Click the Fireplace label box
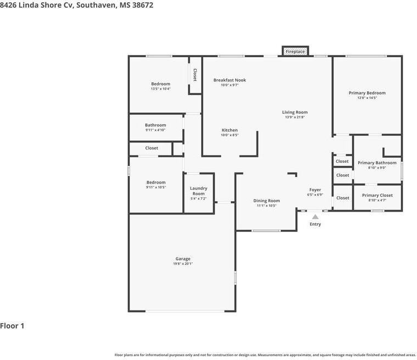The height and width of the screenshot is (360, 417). [x=295, y=51]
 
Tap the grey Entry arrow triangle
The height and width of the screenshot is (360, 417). [x=315, y=217]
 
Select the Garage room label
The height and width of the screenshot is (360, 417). [x=183, y=259]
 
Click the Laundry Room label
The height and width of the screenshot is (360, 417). [x=199, y=191]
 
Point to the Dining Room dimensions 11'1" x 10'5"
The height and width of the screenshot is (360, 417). [x=266, y=206]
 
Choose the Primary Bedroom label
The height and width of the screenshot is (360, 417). [x=367, y=93]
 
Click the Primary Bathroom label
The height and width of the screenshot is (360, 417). [x=377, y=163]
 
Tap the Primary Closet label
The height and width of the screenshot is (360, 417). [x=377, y=195]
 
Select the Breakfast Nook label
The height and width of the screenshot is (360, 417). [x=230, y=80]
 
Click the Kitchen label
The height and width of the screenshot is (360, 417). [x=230, y=130]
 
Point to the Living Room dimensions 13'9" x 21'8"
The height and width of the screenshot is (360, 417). [x=294, y=117]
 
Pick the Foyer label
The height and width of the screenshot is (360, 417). [x=315, y=190]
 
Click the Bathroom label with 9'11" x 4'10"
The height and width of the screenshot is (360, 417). [x=155, y=125]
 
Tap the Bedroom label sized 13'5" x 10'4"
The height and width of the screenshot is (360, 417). [x=160, y=84]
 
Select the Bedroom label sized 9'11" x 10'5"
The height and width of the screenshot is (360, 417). [x=156, y=182]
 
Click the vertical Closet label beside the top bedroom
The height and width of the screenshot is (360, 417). [x=194, y=75]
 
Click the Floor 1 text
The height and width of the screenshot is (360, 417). [x=12, y=326]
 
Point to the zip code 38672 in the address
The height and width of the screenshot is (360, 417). [x=142, y=5]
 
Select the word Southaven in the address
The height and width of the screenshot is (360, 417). [x=96, y=5]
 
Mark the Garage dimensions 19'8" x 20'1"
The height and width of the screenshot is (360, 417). [x=183, y=264]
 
